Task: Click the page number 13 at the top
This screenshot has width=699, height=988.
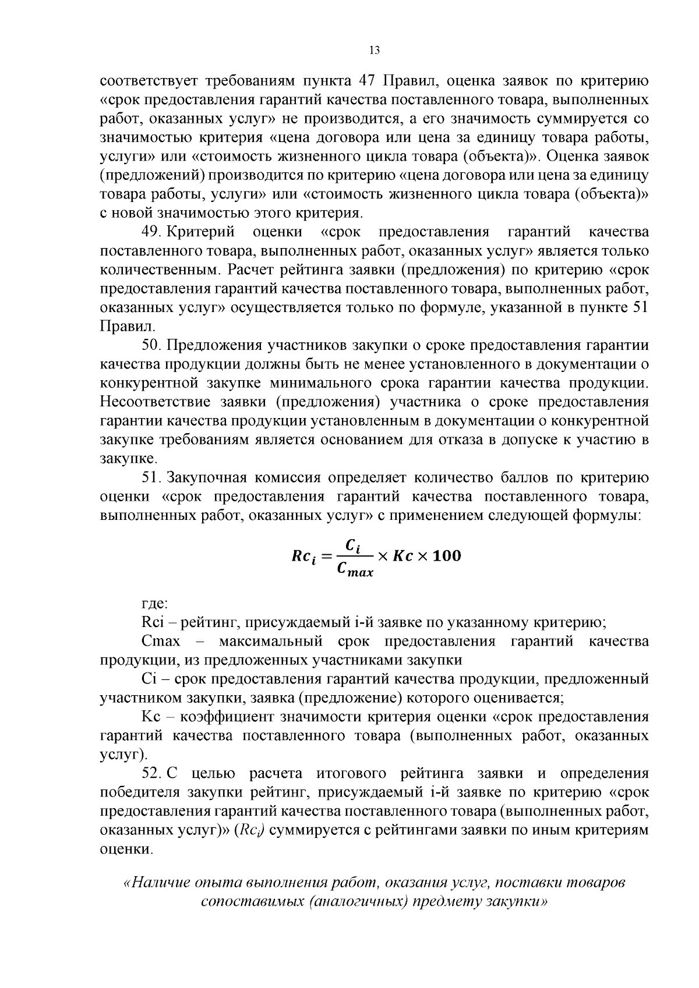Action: [374, 51]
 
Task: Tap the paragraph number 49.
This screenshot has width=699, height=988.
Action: [151, 232]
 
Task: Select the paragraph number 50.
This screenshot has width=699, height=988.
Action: [151, 345]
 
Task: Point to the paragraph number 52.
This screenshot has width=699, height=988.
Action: [151, 774]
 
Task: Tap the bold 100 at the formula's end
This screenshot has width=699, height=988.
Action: [447, 556]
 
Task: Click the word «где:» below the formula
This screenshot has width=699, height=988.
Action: [154, 603]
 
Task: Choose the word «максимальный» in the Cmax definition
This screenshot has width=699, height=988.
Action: [271, 642]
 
